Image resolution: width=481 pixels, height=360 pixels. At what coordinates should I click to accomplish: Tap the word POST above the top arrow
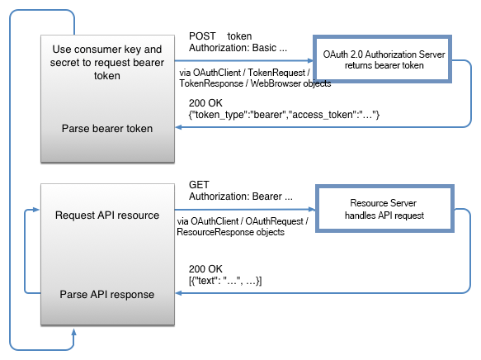tap(203, 36)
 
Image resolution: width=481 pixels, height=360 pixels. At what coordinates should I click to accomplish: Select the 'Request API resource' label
tap(106, 216)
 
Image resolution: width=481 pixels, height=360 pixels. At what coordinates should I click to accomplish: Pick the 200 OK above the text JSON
tap(205, 269)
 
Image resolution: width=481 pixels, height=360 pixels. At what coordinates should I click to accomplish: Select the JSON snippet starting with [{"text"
tap(225, 281)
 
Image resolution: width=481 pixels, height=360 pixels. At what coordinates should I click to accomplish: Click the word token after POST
tap(239, 36)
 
